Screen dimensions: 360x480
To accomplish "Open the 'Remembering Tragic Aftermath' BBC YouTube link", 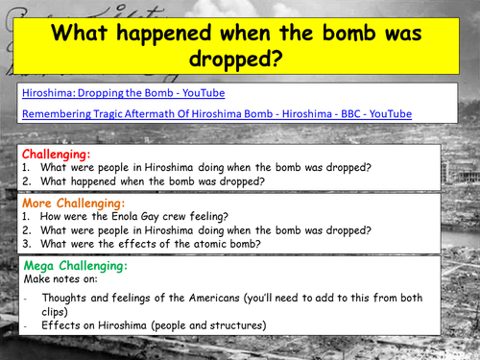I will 216,113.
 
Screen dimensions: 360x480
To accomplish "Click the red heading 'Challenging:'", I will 57,153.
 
